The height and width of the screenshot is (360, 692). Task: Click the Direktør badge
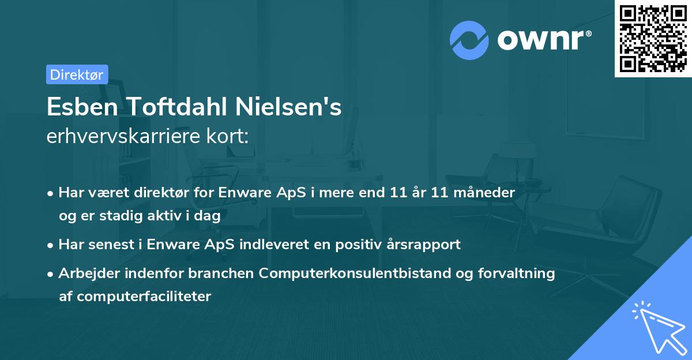[x=77, y=74]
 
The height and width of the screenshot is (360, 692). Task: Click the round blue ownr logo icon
[x=469, y=40]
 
